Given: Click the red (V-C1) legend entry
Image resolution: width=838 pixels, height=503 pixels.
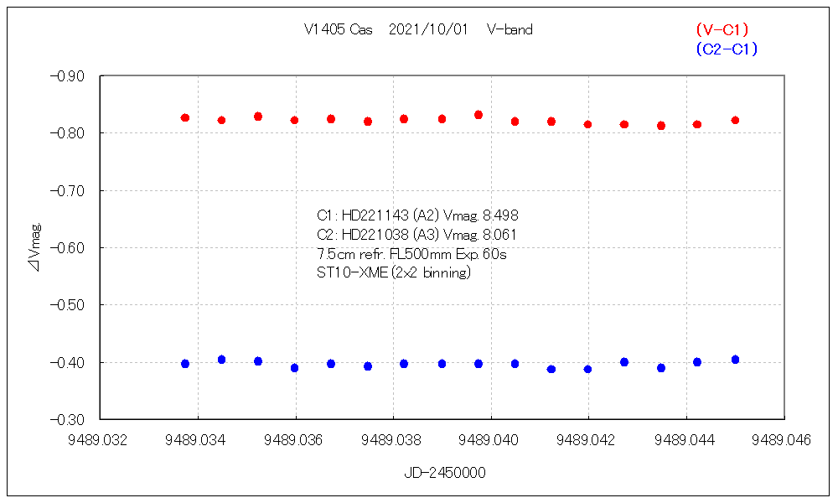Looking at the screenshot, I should click(722, 30).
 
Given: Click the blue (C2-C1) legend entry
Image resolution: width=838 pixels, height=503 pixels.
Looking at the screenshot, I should click(726, 49).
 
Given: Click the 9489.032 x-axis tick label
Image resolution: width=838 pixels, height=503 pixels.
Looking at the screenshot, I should click(100, 439).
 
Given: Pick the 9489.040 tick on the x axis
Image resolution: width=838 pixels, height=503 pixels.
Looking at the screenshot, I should click(491, 439).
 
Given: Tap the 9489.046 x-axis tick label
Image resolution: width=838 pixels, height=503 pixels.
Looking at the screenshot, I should click(784, 439).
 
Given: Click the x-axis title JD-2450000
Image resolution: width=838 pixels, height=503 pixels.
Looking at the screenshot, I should click(444, 473).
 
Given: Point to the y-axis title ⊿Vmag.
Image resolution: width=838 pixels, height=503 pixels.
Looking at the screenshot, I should click(34, 246).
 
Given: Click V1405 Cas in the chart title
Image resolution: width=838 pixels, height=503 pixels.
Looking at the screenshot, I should click(339, 29).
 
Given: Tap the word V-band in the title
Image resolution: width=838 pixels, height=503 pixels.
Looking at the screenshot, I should click(509, 29).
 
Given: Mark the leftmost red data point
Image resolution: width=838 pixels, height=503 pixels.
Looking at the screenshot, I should click(185, 118).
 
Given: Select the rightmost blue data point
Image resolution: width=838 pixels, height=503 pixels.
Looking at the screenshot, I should click(735, 360).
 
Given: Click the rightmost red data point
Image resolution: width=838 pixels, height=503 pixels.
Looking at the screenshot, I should click(735, 121).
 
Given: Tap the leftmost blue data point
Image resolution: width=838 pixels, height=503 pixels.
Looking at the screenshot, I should click(185, 364).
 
